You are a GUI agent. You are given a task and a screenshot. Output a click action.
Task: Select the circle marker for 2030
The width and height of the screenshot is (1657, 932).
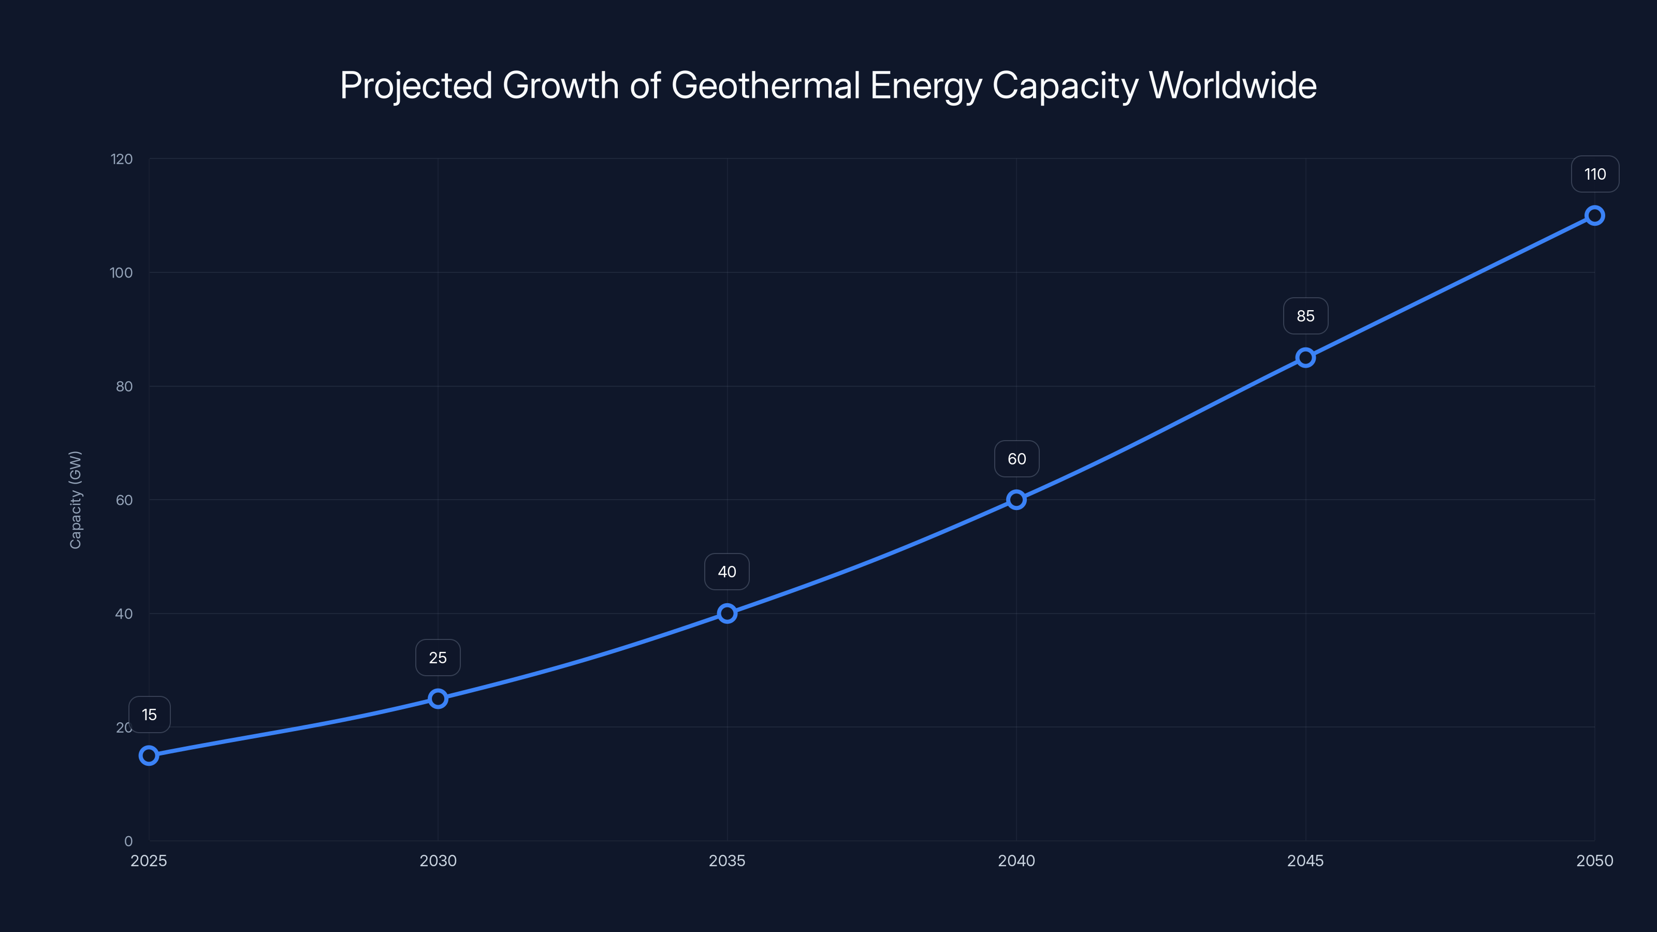(x=438, y=698)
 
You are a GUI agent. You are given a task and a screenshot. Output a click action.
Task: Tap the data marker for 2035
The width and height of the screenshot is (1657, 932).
(x=727, y=613)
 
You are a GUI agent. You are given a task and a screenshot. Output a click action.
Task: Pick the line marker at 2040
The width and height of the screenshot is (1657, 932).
(x=1016, y=500)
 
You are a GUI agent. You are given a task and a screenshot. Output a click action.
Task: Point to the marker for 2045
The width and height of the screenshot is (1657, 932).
(x=1305, y=358)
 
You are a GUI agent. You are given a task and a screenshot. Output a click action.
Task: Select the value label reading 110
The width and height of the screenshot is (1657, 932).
(x=1595, y=174)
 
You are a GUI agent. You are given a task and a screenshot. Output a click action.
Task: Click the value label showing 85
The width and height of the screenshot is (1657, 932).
(x=1305, y=316)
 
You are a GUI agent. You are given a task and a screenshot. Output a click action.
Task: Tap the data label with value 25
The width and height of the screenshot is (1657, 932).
(x=438, y=658)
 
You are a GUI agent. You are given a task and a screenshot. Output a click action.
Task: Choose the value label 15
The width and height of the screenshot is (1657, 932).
(x=149, y=715)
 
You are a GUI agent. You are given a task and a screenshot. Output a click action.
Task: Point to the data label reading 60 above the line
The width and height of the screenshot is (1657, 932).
(x=1016, y=459)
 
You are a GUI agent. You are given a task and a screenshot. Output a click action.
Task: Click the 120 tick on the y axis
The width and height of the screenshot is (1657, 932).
(x=122, y=159)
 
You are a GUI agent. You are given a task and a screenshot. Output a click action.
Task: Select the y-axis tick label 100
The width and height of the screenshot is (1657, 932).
(x=121, y=273)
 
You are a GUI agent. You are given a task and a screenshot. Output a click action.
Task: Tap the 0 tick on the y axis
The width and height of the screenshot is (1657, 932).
(x=128, y=841)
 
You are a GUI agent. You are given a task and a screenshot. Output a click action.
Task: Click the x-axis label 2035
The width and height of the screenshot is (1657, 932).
(x=727, y=861)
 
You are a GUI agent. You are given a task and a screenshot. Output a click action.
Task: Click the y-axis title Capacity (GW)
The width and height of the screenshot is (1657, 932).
(x=75, y=500)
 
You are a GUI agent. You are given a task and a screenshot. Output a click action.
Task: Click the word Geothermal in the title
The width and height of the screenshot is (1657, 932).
(x=765, y=85)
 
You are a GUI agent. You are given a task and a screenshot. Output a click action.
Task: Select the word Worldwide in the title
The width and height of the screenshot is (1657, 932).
(x=1232, y=85)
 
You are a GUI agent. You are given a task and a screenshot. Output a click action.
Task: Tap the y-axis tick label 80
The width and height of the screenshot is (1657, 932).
(x=124, y=387)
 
